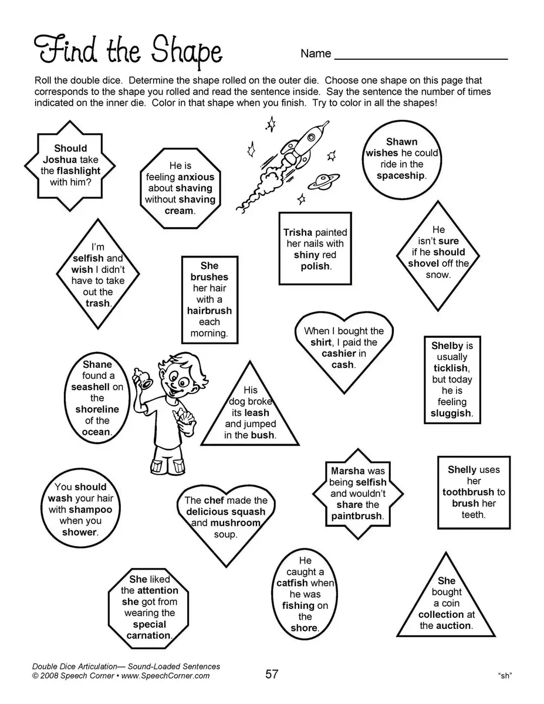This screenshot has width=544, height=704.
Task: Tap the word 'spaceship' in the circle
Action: click(401, 176)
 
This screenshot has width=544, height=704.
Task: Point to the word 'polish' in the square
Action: click(315, 266)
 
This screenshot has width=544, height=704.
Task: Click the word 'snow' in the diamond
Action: click(438, 275)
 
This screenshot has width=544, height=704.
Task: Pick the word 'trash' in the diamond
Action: click(97, 303)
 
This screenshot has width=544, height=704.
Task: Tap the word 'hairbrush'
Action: click(209, 311)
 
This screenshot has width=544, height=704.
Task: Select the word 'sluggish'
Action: click(450, 413)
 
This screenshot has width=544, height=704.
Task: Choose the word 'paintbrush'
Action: click(357, 516)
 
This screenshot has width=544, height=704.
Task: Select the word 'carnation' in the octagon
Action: click(149, 635)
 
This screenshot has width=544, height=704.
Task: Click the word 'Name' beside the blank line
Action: click(316, 54)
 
